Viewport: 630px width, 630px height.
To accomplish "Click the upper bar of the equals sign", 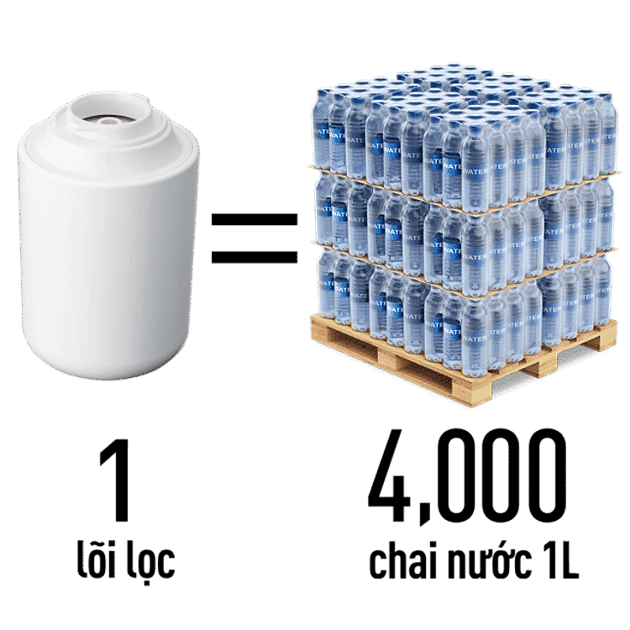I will point(255,221).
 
